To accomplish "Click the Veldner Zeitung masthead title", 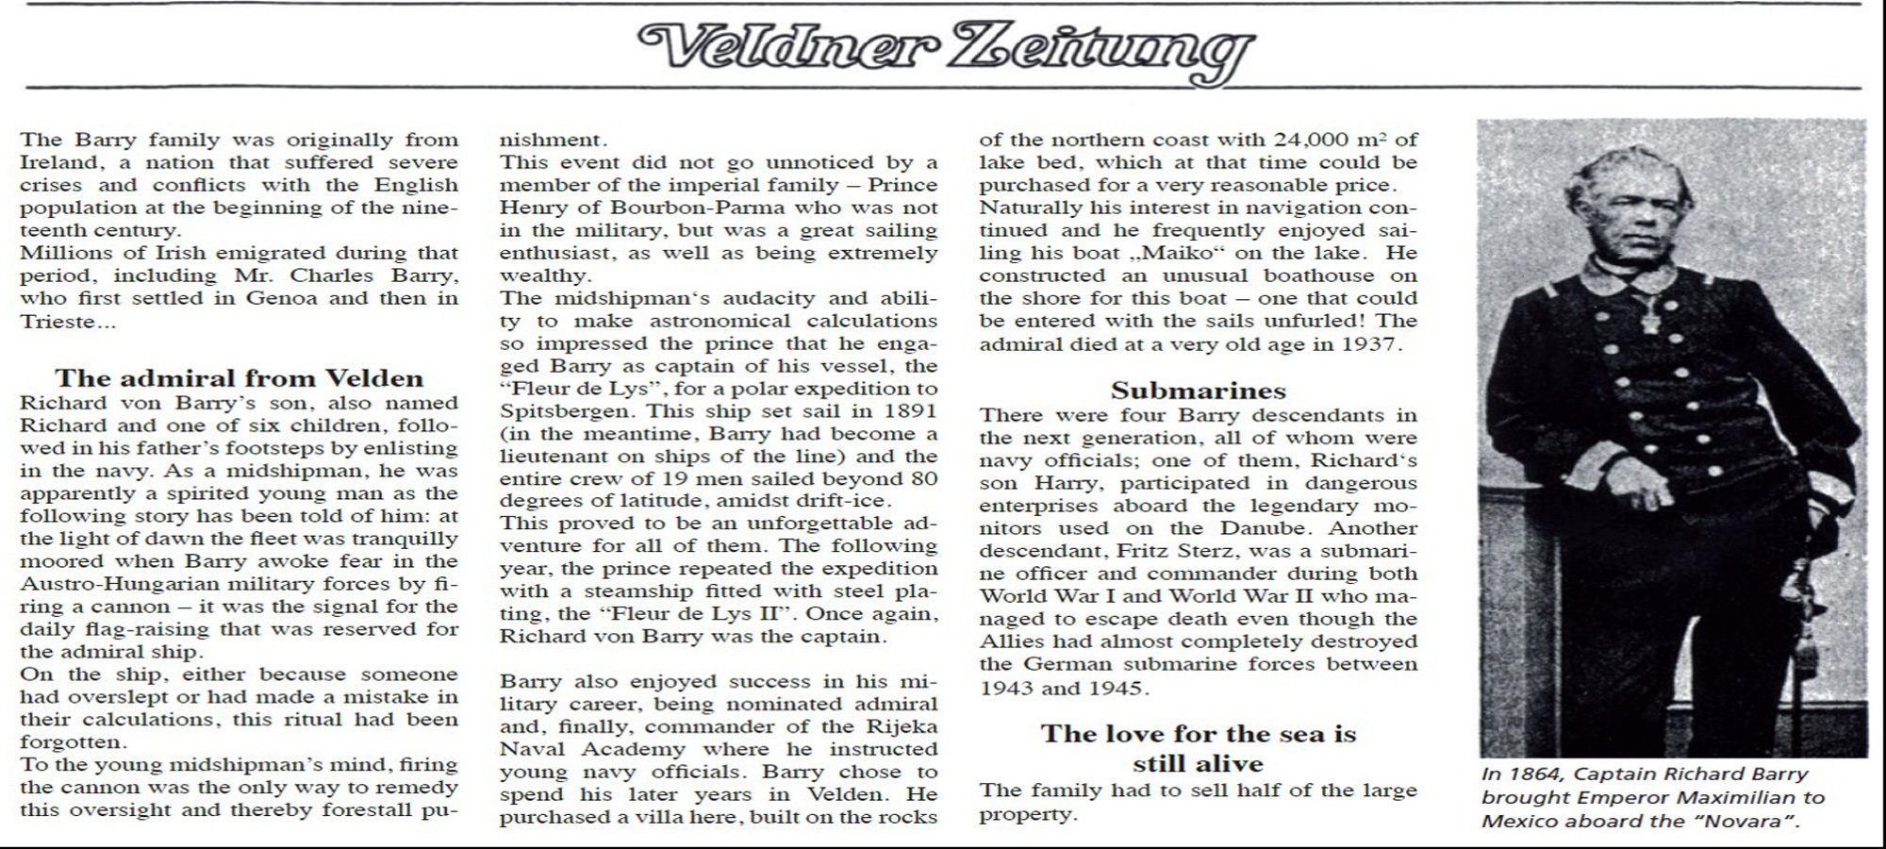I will (x=946, y=47).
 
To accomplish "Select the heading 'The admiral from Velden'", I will (x=239, y=378).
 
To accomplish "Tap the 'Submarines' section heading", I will (x=1198, y=390).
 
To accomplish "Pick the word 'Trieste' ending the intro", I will (x=57, y=321).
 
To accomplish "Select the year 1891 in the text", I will (x=911, y=411).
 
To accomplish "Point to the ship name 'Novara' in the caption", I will (x=1740, y=820).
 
